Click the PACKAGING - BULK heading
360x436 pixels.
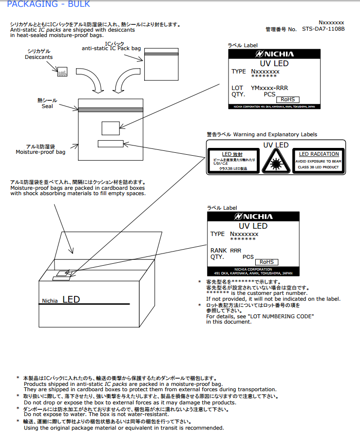pyautogui.click(x=48, y=4)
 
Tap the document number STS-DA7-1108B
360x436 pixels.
pyautogui.click(x=323, y=29)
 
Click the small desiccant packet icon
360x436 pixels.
pyautogui.click(x=61, y=72)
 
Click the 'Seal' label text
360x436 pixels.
pyautogui.click(x=47, y=106)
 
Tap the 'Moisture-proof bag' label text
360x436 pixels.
pyautogui.click(x=40, y=152)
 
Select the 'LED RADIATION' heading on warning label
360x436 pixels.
pyautogui.click(x=319, y=154)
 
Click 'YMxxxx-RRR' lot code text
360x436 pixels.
pyautogui.click(x=269, y=88)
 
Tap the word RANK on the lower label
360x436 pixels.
pyautogui.click(x=219, y=250)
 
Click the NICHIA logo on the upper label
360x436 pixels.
pyautogui.click(x=274, y=54)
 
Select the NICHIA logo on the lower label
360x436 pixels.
pyautogui.click(x=253, y=216)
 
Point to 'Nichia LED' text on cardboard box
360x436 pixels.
pyautogui.click(x=61, y=300)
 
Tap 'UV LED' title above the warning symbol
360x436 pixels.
pyautogui.click(x=276, y=145)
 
